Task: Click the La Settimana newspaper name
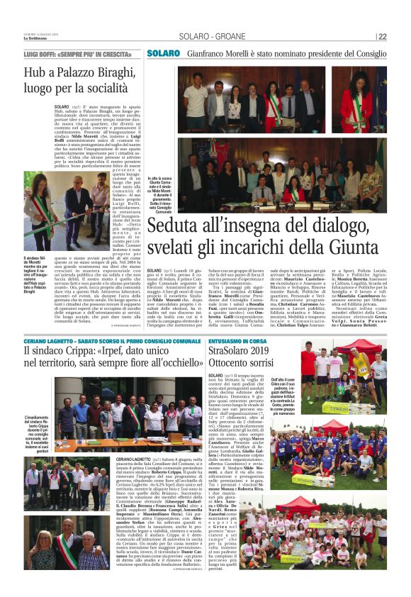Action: pos(35,39)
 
